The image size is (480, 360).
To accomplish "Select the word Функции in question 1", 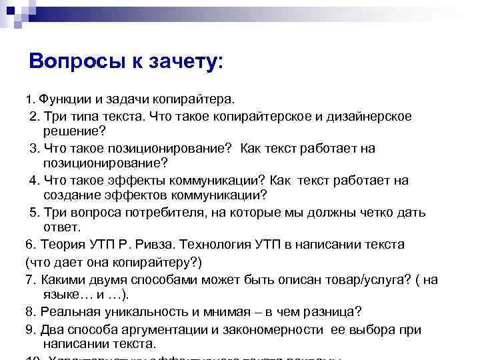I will click(x=66, y=100).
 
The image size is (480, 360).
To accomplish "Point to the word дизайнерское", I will click(x=369, y=117).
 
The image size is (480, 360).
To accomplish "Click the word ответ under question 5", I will click(x=61, y=228).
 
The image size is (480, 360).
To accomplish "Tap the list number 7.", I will click(x=28, y=279).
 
